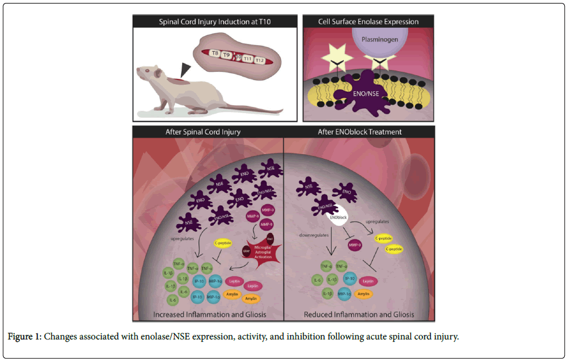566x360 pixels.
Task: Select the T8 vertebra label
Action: pos(215,53)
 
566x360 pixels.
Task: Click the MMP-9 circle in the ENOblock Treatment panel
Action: pos(354,244)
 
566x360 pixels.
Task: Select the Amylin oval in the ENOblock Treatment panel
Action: pos(364,293)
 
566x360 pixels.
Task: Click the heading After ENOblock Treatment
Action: pos(359,132)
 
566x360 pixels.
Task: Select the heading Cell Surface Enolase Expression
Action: pos(369,22)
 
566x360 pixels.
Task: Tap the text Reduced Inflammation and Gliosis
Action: pos(360,314)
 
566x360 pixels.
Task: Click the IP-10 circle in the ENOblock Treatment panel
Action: pos(350,279)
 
